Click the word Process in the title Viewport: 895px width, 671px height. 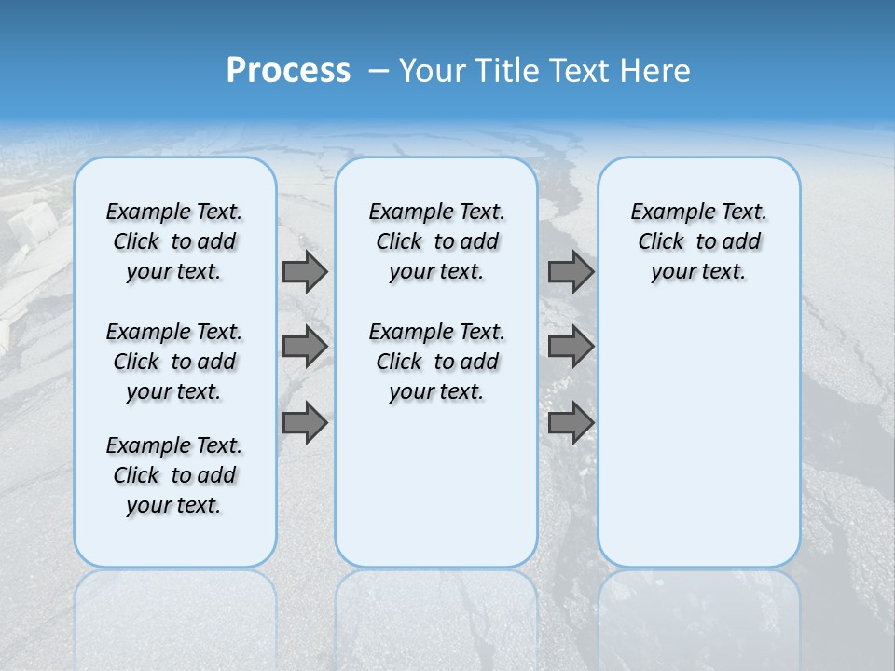click(x=288, y=71)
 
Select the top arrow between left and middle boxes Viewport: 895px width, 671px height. click(x=305, y=272)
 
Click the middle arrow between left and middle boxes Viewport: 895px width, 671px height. click(x=305, y=347)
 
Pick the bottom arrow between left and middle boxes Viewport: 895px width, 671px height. click(x=305, y=423)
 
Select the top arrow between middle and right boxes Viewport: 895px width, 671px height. click(x=571, y=272)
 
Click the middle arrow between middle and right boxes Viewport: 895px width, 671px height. click(x=571, y=347)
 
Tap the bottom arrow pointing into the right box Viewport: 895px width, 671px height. click(x=571, y=423)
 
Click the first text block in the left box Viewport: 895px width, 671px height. click(x=174, y=241)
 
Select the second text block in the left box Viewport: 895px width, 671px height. click(x=174, y=362)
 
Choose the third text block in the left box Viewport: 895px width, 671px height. click(x=174, y=475)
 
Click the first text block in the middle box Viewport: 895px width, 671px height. click(x=436, y=241)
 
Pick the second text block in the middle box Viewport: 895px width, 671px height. click(x=436, y=362)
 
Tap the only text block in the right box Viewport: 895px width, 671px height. click(x=698, y=241)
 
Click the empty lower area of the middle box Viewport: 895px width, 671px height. click(x=436, y=485)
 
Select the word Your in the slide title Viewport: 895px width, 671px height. click(x=433, y=71)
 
